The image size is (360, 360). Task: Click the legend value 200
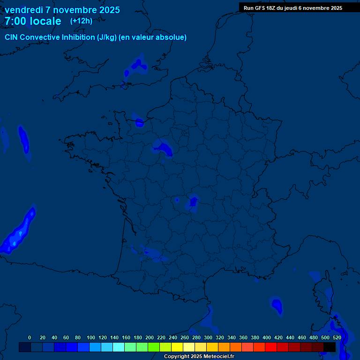tap(150, 337)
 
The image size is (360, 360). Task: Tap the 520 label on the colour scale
tap(337, 337)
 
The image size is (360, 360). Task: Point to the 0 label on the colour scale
tap(30, 337)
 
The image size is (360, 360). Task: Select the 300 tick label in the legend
tap(208, 337)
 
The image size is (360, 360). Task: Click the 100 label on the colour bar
tap(91, 337)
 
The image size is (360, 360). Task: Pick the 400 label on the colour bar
tap(267, 337)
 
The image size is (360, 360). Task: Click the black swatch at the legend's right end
tap(330, 347)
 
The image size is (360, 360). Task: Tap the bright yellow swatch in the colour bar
tap(177, 347)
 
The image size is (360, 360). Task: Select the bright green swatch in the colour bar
tap(154, 347)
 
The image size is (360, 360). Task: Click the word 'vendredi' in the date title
tap(24, 10)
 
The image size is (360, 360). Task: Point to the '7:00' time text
tap(15, 21)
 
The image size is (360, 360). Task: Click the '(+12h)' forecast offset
tap(81, 21)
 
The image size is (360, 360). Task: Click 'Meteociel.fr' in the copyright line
tap(216, 357)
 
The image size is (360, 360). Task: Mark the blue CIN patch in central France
tap(193, 202)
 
